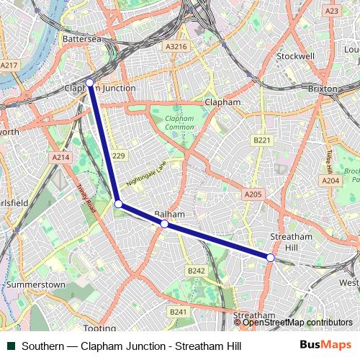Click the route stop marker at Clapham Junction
point(90,83)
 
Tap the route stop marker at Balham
point(164,224)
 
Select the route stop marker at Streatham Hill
point(270,257)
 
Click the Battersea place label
point(84,38)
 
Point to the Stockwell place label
point(296,55)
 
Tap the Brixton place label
point(323,89)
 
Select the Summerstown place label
point(35,285)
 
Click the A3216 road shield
point(176,47)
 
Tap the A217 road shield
point(9,65)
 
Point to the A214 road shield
point(60,157)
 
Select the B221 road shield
point(261,140)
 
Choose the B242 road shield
point(196,271)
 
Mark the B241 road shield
point(178,312)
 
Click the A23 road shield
point(332,11)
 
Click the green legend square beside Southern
point(12,346)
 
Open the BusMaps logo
point(325,346)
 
